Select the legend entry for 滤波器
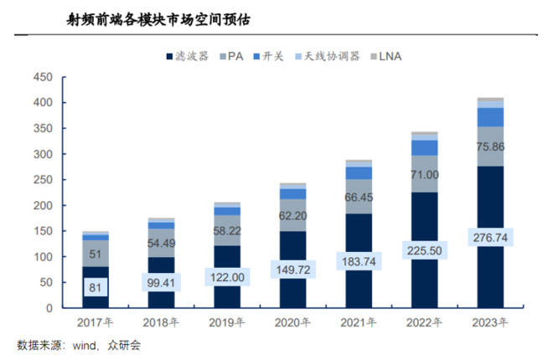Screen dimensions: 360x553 pos(190,56)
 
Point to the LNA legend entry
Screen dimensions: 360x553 pos(390,56)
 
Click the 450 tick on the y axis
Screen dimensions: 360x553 pos(43,77)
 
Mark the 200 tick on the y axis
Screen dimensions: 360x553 pos(43,205)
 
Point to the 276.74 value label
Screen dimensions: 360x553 pos(490,239)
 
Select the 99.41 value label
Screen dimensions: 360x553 pos(162,283)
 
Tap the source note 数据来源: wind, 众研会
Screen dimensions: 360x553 pos(75,344)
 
